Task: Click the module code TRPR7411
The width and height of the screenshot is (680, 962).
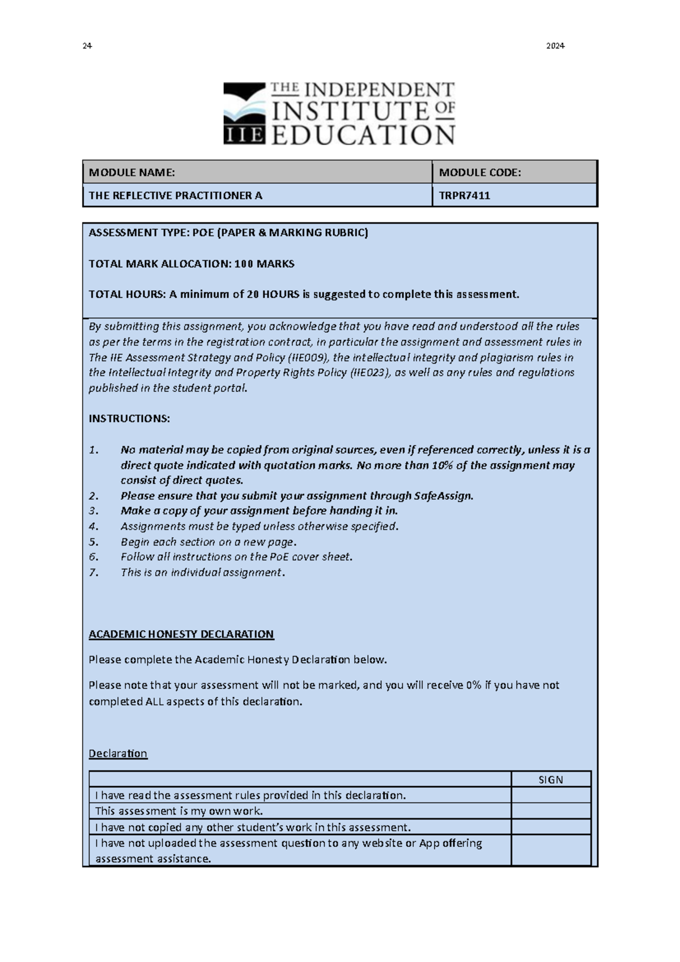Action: [464, 196]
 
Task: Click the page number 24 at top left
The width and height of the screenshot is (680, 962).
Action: [87, 46]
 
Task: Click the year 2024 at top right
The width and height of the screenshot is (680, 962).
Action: [555, 46]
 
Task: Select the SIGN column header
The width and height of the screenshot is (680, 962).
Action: [550, 780]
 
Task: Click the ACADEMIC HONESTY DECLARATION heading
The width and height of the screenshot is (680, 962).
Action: [181, 634]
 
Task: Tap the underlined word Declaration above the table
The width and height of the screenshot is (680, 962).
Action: [118, 753]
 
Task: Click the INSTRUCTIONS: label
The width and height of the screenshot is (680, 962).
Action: [129, 419]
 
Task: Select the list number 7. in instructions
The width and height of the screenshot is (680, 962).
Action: [94, 572]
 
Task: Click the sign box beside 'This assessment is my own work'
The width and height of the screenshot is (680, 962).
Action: [550, 811]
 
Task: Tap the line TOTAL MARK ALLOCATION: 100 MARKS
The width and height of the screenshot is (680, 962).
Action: [191, 264]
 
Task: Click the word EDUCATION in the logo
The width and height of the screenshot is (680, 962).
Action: [363, 136]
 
